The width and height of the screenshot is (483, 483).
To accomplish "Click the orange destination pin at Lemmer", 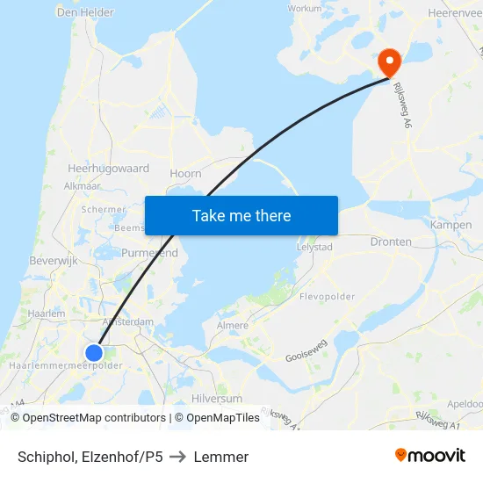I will tap(389, 61).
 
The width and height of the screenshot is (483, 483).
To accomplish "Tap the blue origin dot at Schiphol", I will tap(94, 353).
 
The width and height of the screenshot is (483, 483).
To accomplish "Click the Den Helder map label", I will tap(85, 12).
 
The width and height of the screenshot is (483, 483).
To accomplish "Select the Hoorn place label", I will tap(185, 174).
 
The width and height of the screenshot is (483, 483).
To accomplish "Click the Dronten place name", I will tap(391, 241).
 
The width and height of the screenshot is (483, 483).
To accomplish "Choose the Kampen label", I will tap(451, 226).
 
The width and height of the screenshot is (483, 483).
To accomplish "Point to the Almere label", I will tap(233, 325).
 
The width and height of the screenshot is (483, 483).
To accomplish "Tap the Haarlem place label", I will tap(47, 313).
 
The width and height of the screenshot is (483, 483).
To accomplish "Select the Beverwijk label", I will tap(54, 262).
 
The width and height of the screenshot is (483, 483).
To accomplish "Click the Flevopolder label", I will tap(327, 297).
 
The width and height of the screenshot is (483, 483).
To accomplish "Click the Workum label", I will tap(305, 8).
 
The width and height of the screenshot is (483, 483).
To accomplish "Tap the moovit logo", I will tap(429, 456).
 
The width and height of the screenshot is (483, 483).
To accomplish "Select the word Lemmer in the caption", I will tap(221, 457).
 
